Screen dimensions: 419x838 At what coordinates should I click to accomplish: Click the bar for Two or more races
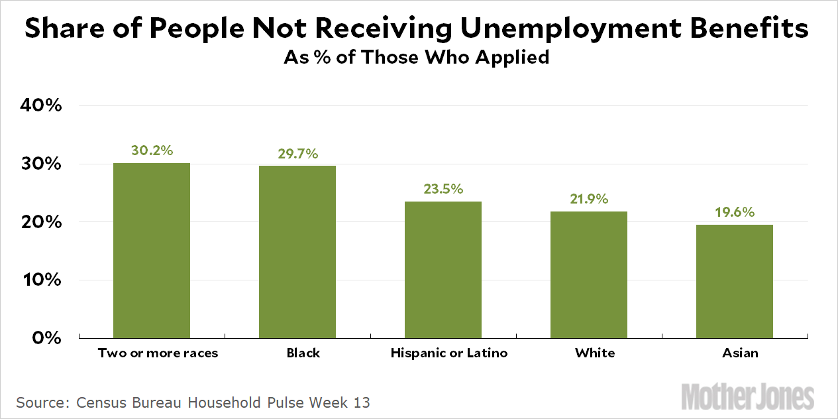(152, 251)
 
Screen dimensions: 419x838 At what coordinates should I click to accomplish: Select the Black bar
(297, 252)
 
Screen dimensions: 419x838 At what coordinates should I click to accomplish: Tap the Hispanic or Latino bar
(443, 270)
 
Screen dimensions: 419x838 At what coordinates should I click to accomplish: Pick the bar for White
(589, 274)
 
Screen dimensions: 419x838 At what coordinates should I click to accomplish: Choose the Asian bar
(735, 281)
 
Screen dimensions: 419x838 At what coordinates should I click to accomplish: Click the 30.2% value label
(152, 150)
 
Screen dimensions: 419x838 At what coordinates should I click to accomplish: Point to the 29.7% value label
(297, 154)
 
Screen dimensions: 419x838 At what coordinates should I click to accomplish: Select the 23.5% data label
(443, 189)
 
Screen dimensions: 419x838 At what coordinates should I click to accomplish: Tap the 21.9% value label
(589, 199)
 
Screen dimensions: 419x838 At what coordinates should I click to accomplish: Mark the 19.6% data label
(735, 213)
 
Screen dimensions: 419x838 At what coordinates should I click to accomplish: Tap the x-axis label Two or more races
(158, 353)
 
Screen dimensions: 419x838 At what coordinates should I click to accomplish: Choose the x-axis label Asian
(740, 353)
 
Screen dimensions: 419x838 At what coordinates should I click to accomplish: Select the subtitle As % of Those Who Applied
(417, 58)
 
